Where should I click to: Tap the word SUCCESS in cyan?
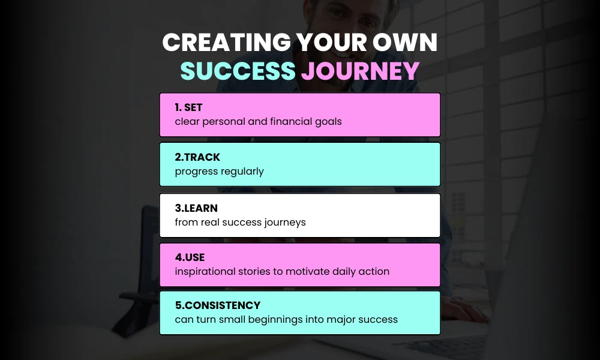coord(238,71)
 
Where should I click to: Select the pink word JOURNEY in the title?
coord(360,71)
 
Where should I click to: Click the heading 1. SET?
coord(188,107)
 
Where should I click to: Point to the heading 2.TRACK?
coord(197,157)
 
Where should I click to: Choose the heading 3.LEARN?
coord(196,208)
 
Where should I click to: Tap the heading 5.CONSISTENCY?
coord(217,305)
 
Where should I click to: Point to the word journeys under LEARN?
coord(286,222)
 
